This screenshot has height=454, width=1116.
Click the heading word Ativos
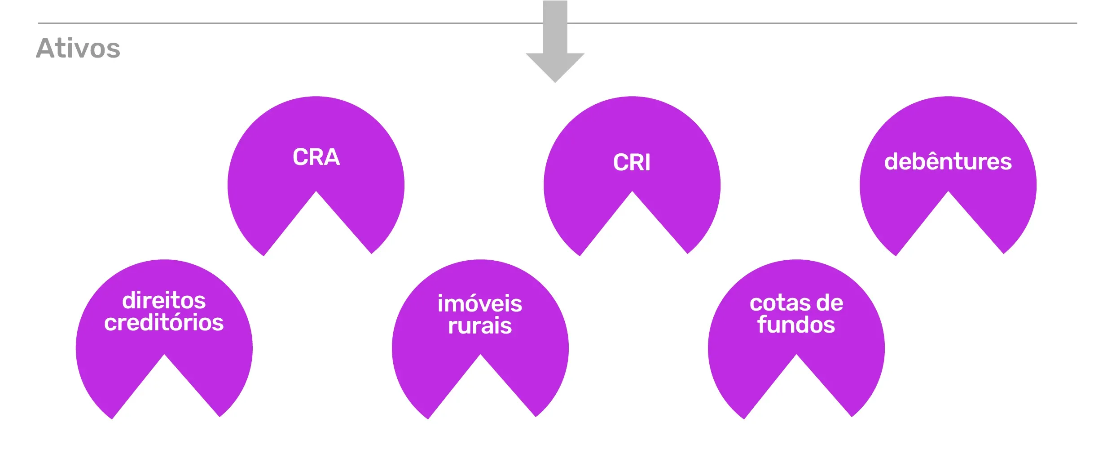tap(78, 48)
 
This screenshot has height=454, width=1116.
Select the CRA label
tap(316, 157)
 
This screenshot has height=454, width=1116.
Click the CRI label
tap(632, 162)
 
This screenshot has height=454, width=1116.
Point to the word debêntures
tap(948, 161)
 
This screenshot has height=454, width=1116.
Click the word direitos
tap(164, 300)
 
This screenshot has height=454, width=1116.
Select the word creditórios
tap(164, 322)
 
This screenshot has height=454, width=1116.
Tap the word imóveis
tap(480, 303)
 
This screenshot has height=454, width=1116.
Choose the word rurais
tap(480, 325)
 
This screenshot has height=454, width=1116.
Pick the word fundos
tap(796, 325)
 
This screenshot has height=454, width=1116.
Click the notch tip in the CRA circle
tap(316, 191)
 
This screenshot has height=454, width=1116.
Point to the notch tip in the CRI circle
tap(632, 191)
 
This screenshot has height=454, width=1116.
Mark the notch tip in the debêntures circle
tap(948, 191)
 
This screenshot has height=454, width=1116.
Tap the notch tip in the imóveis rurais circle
tap(480, 355)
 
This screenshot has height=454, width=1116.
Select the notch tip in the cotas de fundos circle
tap(796, 355)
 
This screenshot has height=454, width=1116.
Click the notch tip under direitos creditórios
tap(164, 355)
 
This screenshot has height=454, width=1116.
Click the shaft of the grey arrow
tap(555, 27)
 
